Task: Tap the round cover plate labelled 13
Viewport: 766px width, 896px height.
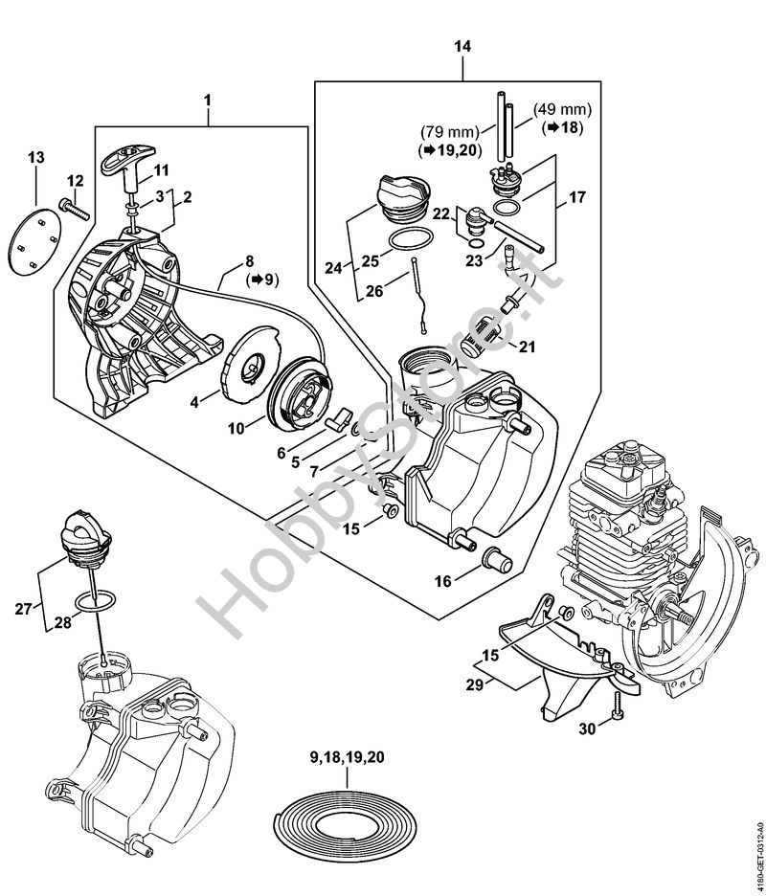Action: [x=34, y=242]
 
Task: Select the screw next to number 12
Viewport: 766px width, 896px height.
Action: [x=75, y=208]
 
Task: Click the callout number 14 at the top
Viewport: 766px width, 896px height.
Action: [x=462, y=46]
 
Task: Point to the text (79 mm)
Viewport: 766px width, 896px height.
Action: [x=449, y=132]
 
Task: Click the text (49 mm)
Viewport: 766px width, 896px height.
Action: [x=562, y=108]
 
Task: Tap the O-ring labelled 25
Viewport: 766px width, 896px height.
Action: [x=411, y=239]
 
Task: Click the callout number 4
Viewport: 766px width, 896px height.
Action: [x=194, y=402]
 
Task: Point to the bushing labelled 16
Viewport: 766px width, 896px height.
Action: [x=496, y=559]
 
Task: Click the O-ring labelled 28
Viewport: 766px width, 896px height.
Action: [x=96, y=601]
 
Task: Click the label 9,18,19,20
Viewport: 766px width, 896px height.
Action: [x=347, y=758]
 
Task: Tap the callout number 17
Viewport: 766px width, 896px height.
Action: [x=577, y=197]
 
